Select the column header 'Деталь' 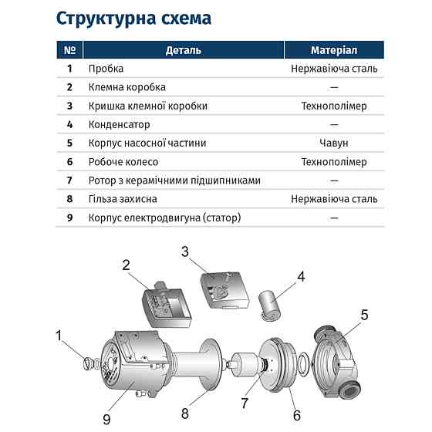click(183, 50)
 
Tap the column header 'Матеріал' click(334, 50)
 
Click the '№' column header click(69, 50)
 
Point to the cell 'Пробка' click(106, 69)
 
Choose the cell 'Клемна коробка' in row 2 click(127, 87)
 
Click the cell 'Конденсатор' click(120, 124)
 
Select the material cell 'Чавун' click(334, 143)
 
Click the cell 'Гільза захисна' click(124, 199)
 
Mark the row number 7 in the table click(69, 181)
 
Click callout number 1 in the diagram click(58, 335)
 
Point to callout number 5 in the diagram click(365, 314)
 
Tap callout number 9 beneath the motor click(107, 418)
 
